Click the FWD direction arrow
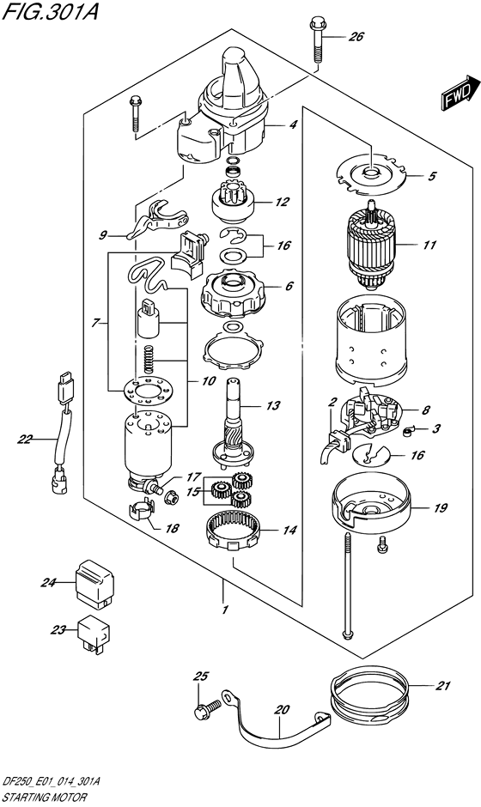(x=458, y=93)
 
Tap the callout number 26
(x=356, y=37)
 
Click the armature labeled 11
(x=372, y=248)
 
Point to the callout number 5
(x=432, y=177)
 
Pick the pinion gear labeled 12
(x=230, y=205)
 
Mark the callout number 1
(x=224, y=610)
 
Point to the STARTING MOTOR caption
(x=40, y=798)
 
